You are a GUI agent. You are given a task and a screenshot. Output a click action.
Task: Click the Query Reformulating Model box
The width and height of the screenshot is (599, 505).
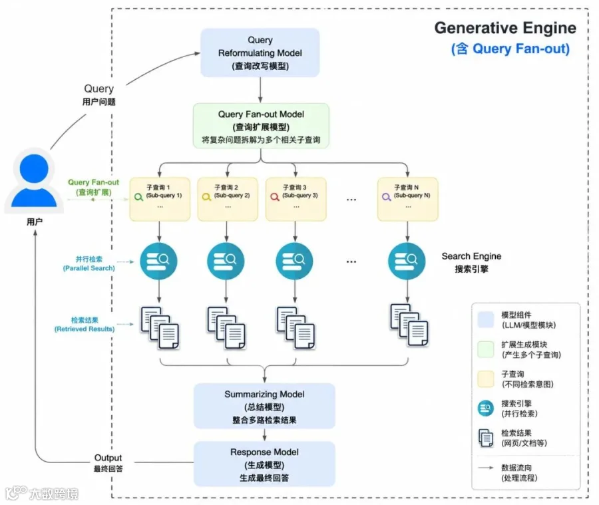260,53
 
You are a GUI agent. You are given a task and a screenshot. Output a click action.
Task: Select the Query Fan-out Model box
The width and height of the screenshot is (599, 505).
261,126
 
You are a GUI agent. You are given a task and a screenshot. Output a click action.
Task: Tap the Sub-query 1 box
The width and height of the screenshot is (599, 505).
160,199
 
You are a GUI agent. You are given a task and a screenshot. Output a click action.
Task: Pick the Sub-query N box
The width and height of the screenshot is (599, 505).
407,199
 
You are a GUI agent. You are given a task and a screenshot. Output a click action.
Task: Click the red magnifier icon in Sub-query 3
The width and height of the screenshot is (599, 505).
275,197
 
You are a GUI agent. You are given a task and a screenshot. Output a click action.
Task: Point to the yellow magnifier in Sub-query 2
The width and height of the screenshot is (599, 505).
206,197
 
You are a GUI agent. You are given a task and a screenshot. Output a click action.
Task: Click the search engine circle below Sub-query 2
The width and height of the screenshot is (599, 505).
226,261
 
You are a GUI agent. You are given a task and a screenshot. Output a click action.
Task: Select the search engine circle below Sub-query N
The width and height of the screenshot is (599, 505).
407,261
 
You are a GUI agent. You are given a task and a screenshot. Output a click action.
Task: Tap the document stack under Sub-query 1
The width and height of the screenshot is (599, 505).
160,328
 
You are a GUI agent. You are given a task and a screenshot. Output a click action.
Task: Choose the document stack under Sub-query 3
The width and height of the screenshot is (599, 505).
296,328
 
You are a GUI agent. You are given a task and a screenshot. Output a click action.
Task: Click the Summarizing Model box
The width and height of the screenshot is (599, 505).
264,406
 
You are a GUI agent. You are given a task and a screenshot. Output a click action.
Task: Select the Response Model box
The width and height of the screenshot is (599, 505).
264,464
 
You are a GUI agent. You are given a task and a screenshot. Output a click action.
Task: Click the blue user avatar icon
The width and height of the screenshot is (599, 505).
34,181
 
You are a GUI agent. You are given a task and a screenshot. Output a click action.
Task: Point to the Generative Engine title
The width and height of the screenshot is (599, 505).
505,28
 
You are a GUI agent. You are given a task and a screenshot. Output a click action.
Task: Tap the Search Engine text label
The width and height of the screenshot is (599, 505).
471,256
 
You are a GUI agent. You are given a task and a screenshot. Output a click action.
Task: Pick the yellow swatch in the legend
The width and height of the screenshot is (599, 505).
486,379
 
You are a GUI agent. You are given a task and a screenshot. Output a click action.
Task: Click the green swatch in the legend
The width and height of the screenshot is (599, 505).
486,349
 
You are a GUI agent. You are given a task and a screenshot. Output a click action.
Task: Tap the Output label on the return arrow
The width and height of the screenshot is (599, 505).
108,458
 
